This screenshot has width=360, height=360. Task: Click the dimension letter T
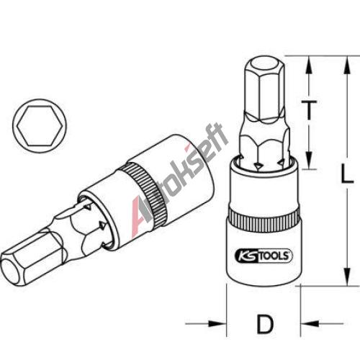309,110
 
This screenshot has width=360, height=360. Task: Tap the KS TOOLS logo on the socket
264,256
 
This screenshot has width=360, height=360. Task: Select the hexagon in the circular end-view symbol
40,126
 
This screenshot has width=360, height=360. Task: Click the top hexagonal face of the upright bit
265,65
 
